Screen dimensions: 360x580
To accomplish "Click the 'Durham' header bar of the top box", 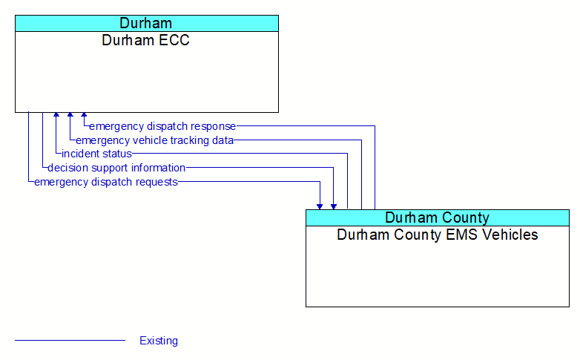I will point(146,23).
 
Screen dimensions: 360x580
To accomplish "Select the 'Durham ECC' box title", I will point(146,40).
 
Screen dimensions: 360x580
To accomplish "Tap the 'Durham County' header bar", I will point(437,217).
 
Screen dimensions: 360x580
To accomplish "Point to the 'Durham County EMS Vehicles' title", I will point(437,235).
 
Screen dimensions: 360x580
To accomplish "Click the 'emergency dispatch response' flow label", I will point(162,126).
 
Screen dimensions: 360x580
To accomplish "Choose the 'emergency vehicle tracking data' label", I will point(155,140).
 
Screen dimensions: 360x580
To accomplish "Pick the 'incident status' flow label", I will point(96,154).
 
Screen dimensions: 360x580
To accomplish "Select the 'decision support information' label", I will point(116,168).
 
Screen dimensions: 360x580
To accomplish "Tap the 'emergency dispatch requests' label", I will point(106,182).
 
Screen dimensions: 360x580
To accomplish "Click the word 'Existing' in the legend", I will point(159,341).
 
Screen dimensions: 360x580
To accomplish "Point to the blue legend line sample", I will point(70,341).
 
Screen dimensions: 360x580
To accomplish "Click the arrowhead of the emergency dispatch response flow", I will point(84,116).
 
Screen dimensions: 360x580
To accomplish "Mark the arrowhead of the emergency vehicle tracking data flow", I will point(70,116).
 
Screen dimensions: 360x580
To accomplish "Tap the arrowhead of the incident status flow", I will point(56,116).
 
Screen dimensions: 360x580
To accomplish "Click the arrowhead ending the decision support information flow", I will point(334,206).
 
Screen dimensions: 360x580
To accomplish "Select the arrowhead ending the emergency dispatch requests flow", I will point(320,206).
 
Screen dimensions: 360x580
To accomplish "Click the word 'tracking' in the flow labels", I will point(191,140).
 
